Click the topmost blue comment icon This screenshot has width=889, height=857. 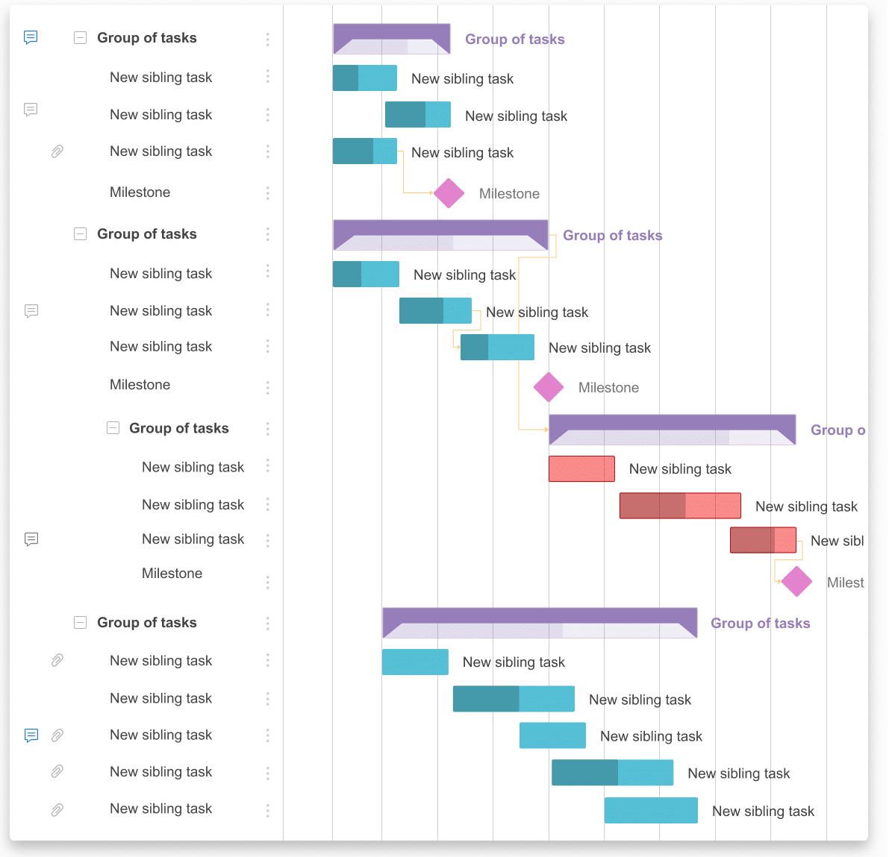coord(31,37)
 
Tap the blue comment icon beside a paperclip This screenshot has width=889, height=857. coord(31,735)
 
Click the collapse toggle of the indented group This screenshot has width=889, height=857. coord(113,428)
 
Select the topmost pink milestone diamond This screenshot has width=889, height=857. coord(449,193)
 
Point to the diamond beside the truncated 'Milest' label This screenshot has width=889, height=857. coord(796,582)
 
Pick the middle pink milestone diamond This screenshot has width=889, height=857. coord(549,387)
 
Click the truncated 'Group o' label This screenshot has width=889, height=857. coord(837,430)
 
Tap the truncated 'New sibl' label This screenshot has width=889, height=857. coord(837,541)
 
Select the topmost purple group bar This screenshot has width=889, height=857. coord(391,39)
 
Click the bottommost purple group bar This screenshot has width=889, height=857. coord(539,623)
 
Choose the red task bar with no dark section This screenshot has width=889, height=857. coord(581,468)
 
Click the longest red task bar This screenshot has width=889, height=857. coord(680,506)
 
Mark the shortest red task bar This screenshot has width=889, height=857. coord(763,540)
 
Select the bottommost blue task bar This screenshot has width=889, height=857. coord(651,811)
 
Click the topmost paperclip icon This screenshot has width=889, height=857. coord(57,151)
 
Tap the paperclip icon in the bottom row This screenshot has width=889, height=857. coord(57,809)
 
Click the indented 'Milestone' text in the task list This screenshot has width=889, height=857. coord(172,574)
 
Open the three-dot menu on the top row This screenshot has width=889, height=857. coord(267,39)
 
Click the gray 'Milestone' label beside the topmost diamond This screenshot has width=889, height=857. coord(509,194)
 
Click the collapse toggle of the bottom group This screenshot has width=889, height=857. coord(81,623)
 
